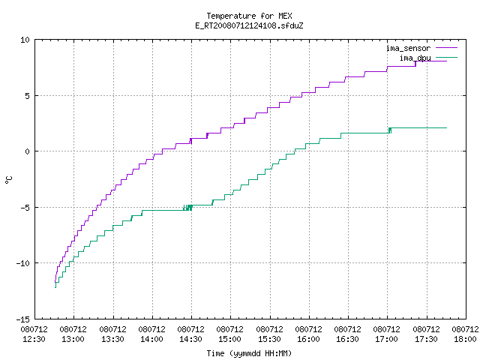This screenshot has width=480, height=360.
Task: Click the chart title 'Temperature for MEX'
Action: (249, 16)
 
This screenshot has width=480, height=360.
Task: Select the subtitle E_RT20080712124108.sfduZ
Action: (249, 25)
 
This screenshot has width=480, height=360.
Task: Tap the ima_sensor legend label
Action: (408, 48)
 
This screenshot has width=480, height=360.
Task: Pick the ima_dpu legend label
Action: (415, 58)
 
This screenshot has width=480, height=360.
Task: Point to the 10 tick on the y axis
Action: (25, 40)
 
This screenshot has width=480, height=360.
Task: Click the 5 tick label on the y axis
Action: (27, 96)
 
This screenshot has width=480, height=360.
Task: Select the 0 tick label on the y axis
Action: (27, 151)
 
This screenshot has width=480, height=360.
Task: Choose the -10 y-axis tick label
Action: (23, 263)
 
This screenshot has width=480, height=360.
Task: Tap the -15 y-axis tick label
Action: (23, 319)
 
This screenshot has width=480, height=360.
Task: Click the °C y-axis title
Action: (8, 180)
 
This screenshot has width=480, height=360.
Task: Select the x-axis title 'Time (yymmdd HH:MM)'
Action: (249, 353)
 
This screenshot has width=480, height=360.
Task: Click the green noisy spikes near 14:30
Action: (188, 208)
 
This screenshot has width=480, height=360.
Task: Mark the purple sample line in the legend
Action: (447, 48)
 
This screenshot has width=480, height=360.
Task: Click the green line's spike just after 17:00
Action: (390, 130)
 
